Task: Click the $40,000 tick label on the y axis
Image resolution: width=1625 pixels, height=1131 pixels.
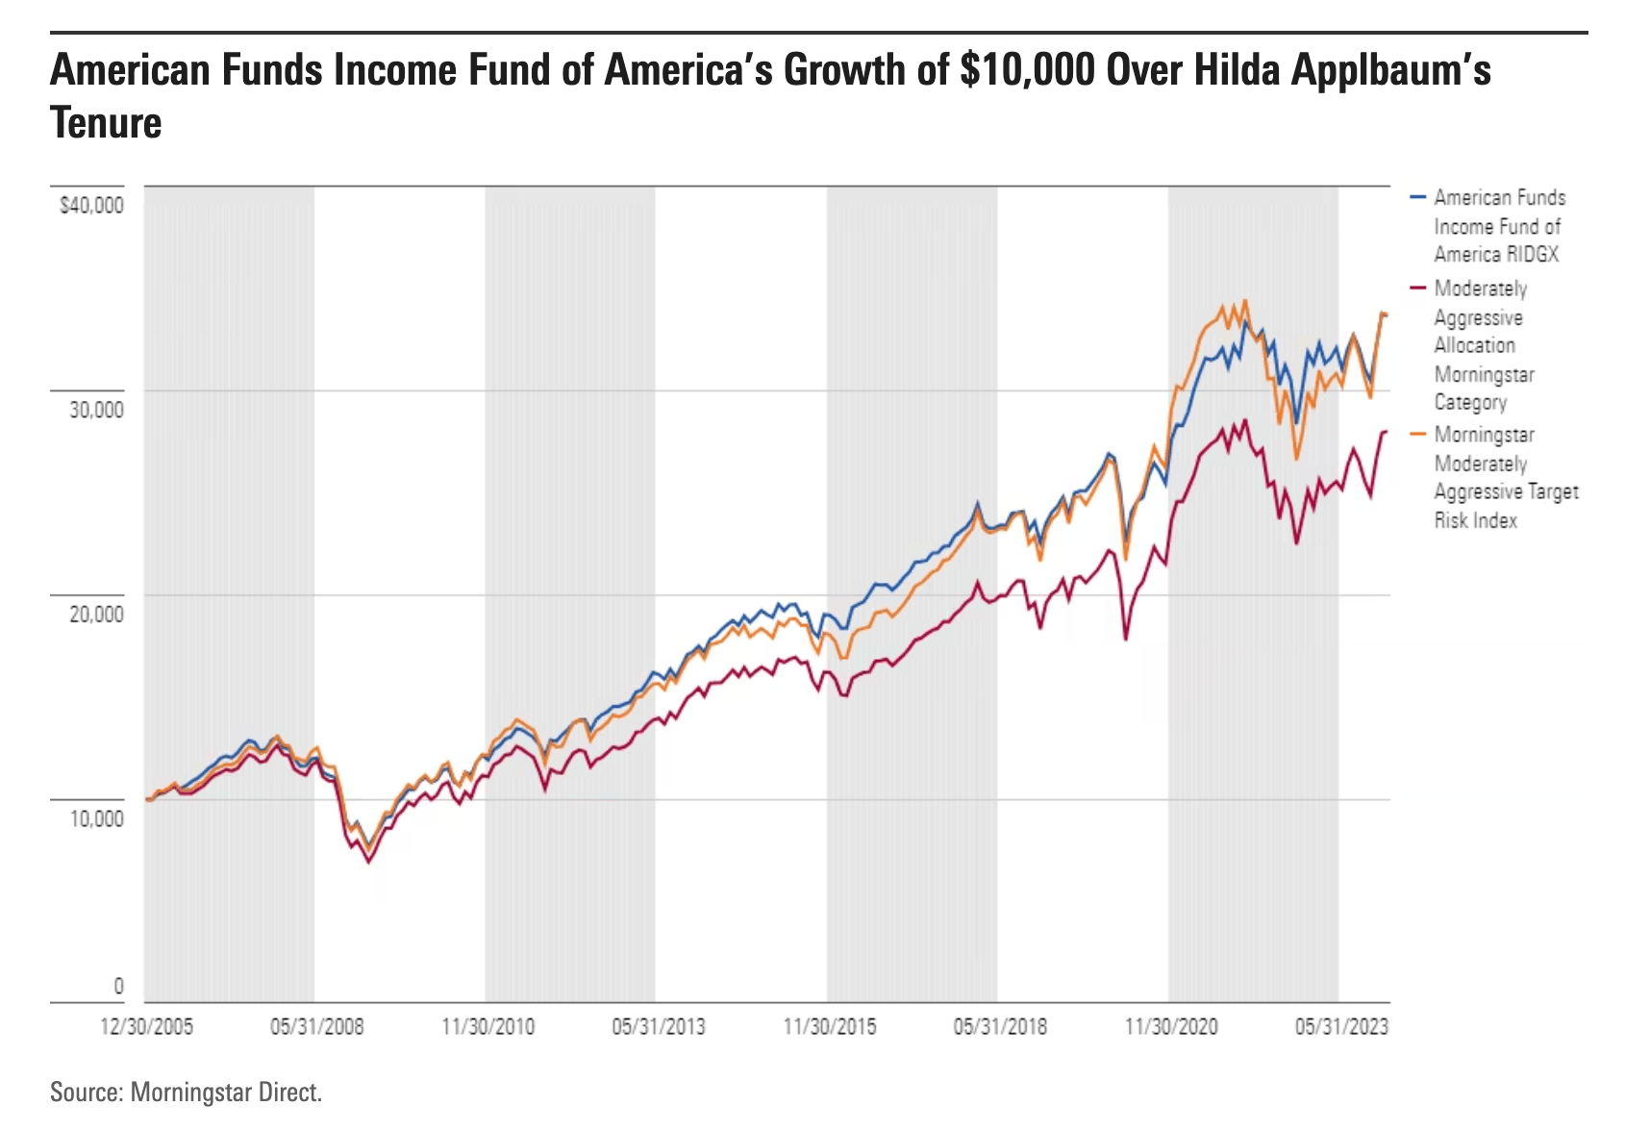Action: (x=91, y=206)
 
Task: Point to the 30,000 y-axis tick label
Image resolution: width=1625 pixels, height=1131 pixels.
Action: (x=96, y=410)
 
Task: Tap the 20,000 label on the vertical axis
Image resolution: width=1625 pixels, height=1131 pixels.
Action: (x=96, y=614)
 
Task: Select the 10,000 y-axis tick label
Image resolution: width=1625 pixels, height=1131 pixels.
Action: (x=96, y=818)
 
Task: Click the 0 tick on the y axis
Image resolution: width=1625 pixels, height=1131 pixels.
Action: (x=118, y=986)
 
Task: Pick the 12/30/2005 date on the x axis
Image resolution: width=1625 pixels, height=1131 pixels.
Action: (x=146, y=1027)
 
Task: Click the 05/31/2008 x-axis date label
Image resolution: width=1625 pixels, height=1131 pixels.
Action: (x=316, y=1027)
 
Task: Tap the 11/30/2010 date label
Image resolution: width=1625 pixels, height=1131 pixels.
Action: (x=487, y=1027)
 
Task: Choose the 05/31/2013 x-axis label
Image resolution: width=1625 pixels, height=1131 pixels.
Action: (x=659, y=1027)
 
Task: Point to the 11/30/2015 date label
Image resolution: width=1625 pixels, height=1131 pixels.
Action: (x=830, y=1027)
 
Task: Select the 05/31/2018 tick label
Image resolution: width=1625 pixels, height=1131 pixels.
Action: (x=1000, y=1027)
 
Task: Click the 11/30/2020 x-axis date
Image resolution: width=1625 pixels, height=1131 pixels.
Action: (x=1171, y=1027)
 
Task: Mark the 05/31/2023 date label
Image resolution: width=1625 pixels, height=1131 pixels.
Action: (x=1341, y=1027)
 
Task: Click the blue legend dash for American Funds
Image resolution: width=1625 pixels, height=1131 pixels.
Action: (x=1417, y=197)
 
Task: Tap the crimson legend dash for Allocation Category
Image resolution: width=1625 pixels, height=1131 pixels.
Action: (x=1417, y=289)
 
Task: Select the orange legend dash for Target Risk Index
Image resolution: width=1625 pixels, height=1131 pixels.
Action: (x=1417, y=435)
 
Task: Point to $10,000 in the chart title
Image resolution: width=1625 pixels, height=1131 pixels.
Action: (x=1027, y=70)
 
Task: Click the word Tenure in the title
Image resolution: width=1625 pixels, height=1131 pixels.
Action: (x=106, y=123)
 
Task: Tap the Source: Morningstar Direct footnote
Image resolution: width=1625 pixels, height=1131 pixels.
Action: (x=186, y=1093)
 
